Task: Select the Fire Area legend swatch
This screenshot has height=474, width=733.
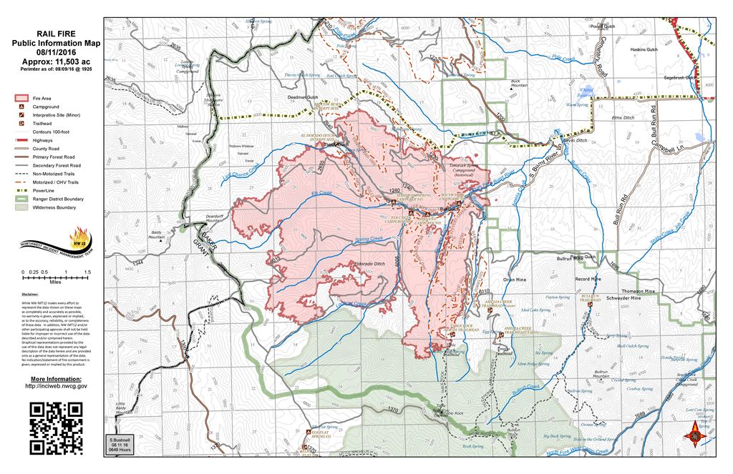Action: click(x=20, y=97)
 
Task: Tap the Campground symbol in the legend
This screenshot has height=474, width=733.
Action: click(x=20, y=106)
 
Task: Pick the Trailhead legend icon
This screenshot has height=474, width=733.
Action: click(x=20, y=123)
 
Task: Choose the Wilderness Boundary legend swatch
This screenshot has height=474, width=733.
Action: click(x=20, y=207)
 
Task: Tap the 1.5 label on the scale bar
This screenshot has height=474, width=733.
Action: click(x=87, y=272)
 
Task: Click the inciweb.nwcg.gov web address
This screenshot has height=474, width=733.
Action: click(x=56, y=386)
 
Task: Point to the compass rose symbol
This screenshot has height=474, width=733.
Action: click(x=692, y=433)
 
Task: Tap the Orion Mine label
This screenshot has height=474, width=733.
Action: click(x=515, y=280)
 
